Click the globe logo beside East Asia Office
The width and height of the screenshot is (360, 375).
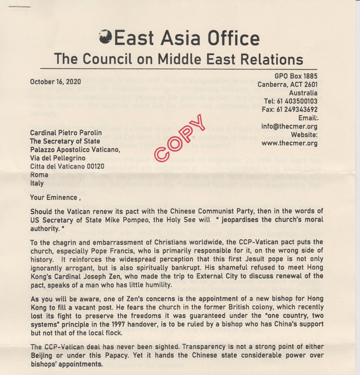[x=106, y=37]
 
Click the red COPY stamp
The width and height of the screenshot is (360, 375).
[x=180, y=137]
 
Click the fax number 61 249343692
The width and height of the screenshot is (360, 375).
[x=297, y=110]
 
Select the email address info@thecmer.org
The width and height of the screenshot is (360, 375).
[x=289, y=127]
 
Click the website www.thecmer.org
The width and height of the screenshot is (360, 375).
[x=290, y=143]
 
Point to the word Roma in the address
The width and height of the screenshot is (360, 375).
[x=39, y=175]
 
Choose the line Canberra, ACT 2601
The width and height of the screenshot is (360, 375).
[x=288, y=84]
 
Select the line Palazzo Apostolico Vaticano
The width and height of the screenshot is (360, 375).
[x=75, y=150]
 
